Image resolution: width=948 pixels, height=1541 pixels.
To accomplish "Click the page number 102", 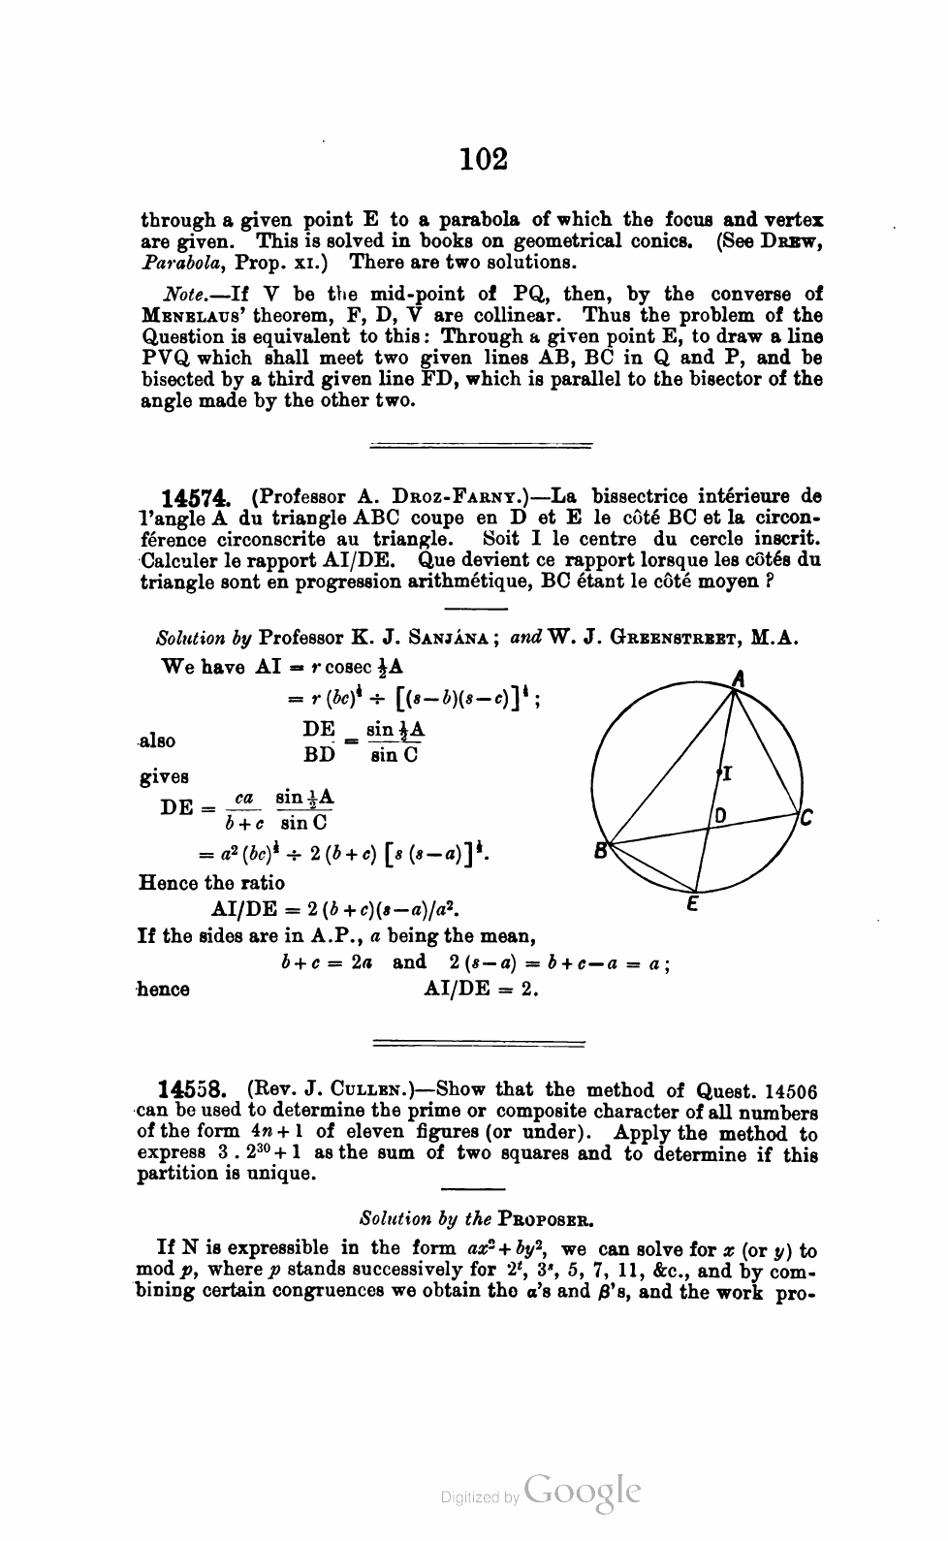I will coord(484,158).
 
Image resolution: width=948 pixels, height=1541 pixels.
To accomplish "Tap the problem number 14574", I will coord(196,497).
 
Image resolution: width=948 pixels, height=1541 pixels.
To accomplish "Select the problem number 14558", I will coord(195,1090).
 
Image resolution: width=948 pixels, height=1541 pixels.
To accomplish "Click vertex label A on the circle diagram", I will coord(737,681).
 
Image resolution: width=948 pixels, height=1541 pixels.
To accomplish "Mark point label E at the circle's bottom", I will coord(694,907).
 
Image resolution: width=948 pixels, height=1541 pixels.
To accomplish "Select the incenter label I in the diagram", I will coord(726,774).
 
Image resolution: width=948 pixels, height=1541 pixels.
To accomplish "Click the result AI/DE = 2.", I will coord(481,990).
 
